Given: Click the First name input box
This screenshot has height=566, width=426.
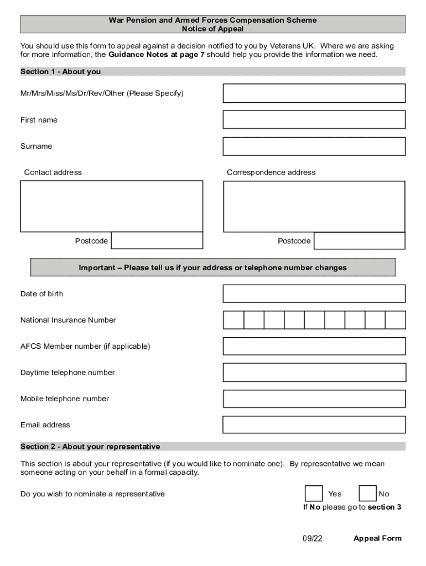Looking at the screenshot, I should tap(314, 119).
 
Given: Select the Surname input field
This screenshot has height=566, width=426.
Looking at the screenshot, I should tap(314, 146).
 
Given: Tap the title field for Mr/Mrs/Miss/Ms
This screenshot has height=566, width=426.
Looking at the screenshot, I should tap(314, 93).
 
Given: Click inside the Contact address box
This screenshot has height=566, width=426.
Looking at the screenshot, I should tap(111, 206).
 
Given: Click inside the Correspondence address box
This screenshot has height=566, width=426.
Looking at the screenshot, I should tap(314, 206).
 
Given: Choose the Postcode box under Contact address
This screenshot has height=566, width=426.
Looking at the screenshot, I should tap(157, 241).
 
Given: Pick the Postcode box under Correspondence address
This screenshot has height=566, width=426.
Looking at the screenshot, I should tap(360, 241).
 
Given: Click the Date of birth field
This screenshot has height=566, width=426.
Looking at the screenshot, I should tap(314, 294).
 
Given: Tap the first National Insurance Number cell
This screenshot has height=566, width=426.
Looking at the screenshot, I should tap(233, 320).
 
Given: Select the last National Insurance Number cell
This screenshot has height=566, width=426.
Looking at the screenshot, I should tap(396, 320).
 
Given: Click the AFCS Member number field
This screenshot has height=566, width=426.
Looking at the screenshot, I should tap(314, 346).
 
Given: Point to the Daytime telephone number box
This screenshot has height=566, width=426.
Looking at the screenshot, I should tap(314, 373).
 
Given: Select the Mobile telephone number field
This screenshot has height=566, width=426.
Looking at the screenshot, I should tap(314, 399).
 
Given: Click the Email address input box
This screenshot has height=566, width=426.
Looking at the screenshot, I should tap(314, 424).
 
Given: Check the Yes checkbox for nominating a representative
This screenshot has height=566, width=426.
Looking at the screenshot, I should tap(314, 494).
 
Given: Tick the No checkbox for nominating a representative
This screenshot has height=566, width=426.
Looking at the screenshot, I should tap(367, 494).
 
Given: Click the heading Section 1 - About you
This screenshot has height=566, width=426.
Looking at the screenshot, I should tap(60, 71).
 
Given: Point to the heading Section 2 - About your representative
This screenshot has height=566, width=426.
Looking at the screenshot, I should tap(90, 446).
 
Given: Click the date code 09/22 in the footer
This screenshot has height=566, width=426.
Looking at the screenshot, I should tap(312, 538).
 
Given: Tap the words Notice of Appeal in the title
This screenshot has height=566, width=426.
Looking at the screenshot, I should tap(212, 29).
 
